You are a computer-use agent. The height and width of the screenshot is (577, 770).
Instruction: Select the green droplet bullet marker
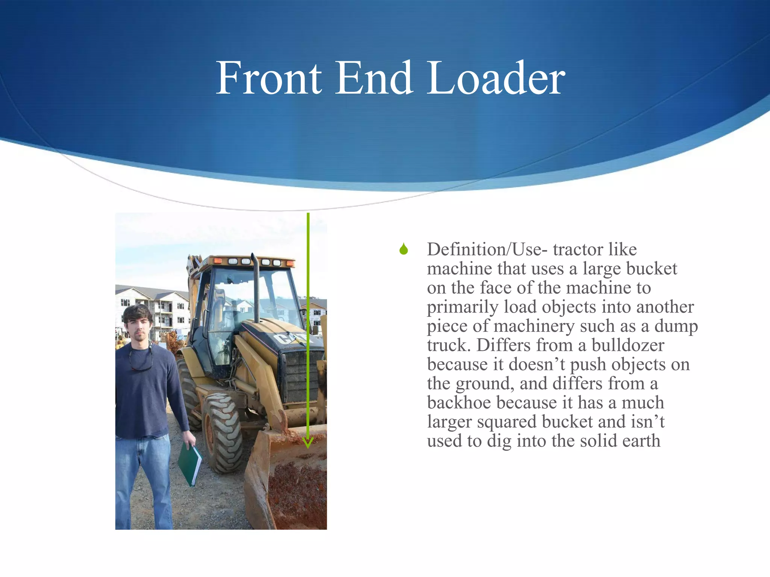(404, 249)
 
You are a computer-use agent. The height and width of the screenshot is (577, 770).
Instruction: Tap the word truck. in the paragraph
(449, 345)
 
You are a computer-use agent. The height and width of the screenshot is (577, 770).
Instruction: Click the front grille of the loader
(301, 376)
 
